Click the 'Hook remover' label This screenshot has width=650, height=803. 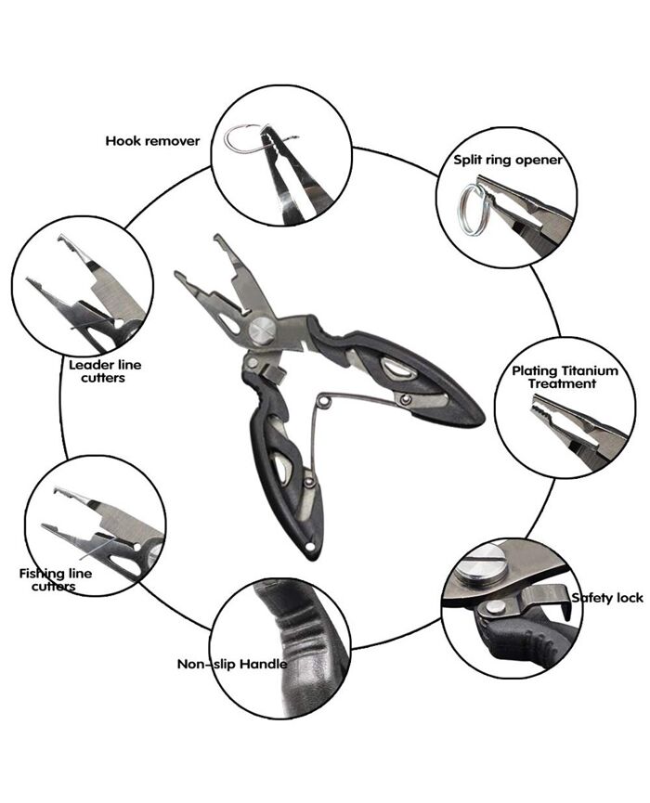click(x=152, y=141)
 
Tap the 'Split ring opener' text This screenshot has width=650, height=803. click(x=508, y=160)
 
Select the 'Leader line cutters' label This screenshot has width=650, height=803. click(x=105, y=371)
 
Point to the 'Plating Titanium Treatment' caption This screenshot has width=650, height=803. click(x=565, y=377)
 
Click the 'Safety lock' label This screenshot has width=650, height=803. click(x=607, y=597)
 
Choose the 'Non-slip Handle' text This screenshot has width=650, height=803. click(x=231, y=664)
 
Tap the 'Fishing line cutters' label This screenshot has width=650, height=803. click(x=56, y=579)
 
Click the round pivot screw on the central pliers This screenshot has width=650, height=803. click(x=263, y=330)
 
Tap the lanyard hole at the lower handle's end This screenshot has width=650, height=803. click(x=310, y=548)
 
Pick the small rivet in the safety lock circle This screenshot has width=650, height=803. click(x=494, y=607)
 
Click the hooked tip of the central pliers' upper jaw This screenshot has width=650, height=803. click(x=219, y=240)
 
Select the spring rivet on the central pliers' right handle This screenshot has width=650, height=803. click(x=406, y=399)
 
